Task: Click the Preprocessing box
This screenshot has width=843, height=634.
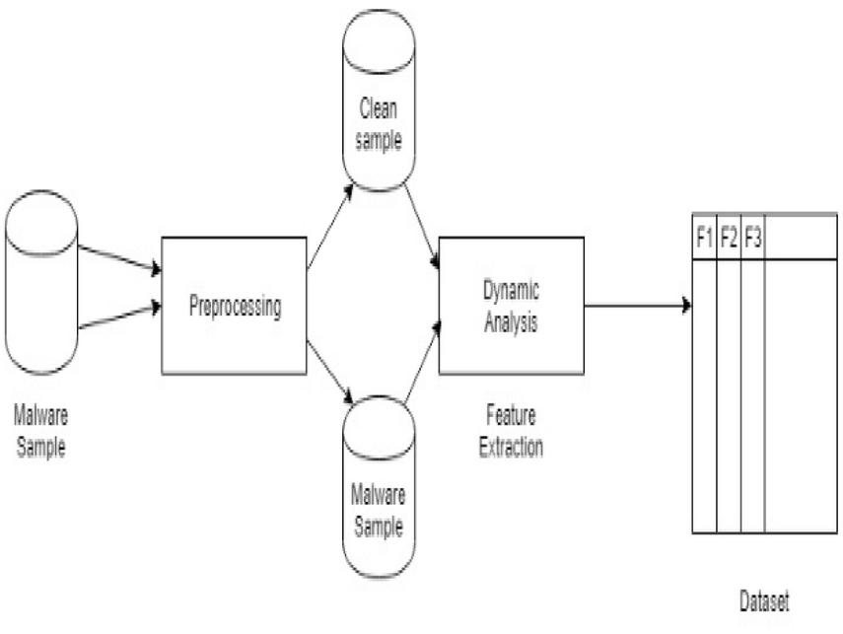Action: click(x=235, y=306)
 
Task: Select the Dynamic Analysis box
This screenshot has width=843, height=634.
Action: click(x=511, y=305)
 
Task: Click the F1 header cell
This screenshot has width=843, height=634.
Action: click(x=704, y=237)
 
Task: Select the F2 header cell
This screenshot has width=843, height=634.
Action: click(x=729, y=237)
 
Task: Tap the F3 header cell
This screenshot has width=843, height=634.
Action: click(x=752, y=237)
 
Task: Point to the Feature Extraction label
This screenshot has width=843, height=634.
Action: click(x=511, y=431)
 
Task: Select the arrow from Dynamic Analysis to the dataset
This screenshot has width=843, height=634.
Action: click(x=637, y=305)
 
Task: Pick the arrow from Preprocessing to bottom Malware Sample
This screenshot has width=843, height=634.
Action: click(x=330, y=372)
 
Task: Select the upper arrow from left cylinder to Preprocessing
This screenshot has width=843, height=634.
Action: click(x=118, y=258)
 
